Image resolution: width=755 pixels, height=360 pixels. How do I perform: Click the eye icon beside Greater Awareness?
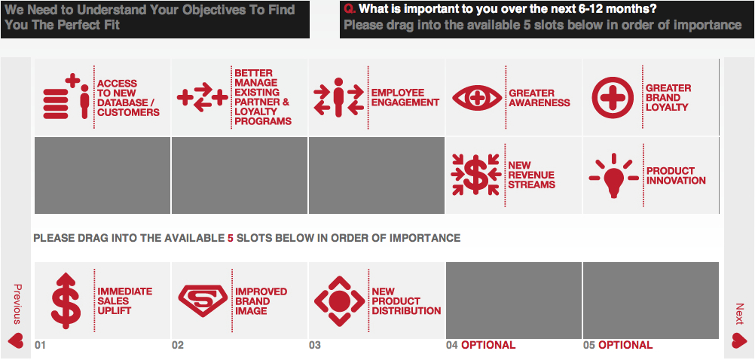[x=477, y=98]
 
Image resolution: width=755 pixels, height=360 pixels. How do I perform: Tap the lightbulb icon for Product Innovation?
[x=614, y=176]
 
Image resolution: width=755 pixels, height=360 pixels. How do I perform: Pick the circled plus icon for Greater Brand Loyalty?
[x=613, y=98]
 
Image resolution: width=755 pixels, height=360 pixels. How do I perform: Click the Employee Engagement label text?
[x=405, y=97]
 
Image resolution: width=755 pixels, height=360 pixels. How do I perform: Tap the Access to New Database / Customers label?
[x=129, y=98]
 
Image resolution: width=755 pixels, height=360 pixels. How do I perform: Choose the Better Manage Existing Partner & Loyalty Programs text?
[x=263, y=97]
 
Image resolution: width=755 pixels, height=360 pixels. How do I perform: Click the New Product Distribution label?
[x=406, y=301]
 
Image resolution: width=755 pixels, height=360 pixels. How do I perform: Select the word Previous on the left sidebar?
[x=17, y=304]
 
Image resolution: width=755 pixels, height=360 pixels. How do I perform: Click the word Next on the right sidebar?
[x=739, y=314]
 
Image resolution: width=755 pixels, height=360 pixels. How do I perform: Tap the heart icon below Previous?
[x=16, y=340]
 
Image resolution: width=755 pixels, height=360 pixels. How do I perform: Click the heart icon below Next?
[x=739, y=340]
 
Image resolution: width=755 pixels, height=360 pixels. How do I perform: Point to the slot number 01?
[x=40, y=345]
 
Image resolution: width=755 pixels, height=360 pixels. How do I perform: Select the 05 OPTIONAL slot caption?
[x=618, y=345]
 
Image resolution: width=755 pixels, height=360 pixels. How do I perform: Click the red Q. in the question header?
[x=350, y=9]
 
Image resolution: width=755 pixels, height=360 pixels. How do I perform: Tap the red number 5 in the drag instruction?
[x=230, y=238]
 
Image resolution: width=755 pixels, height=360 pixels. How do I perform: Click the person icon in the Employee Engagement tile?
[x=338, y=97]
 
